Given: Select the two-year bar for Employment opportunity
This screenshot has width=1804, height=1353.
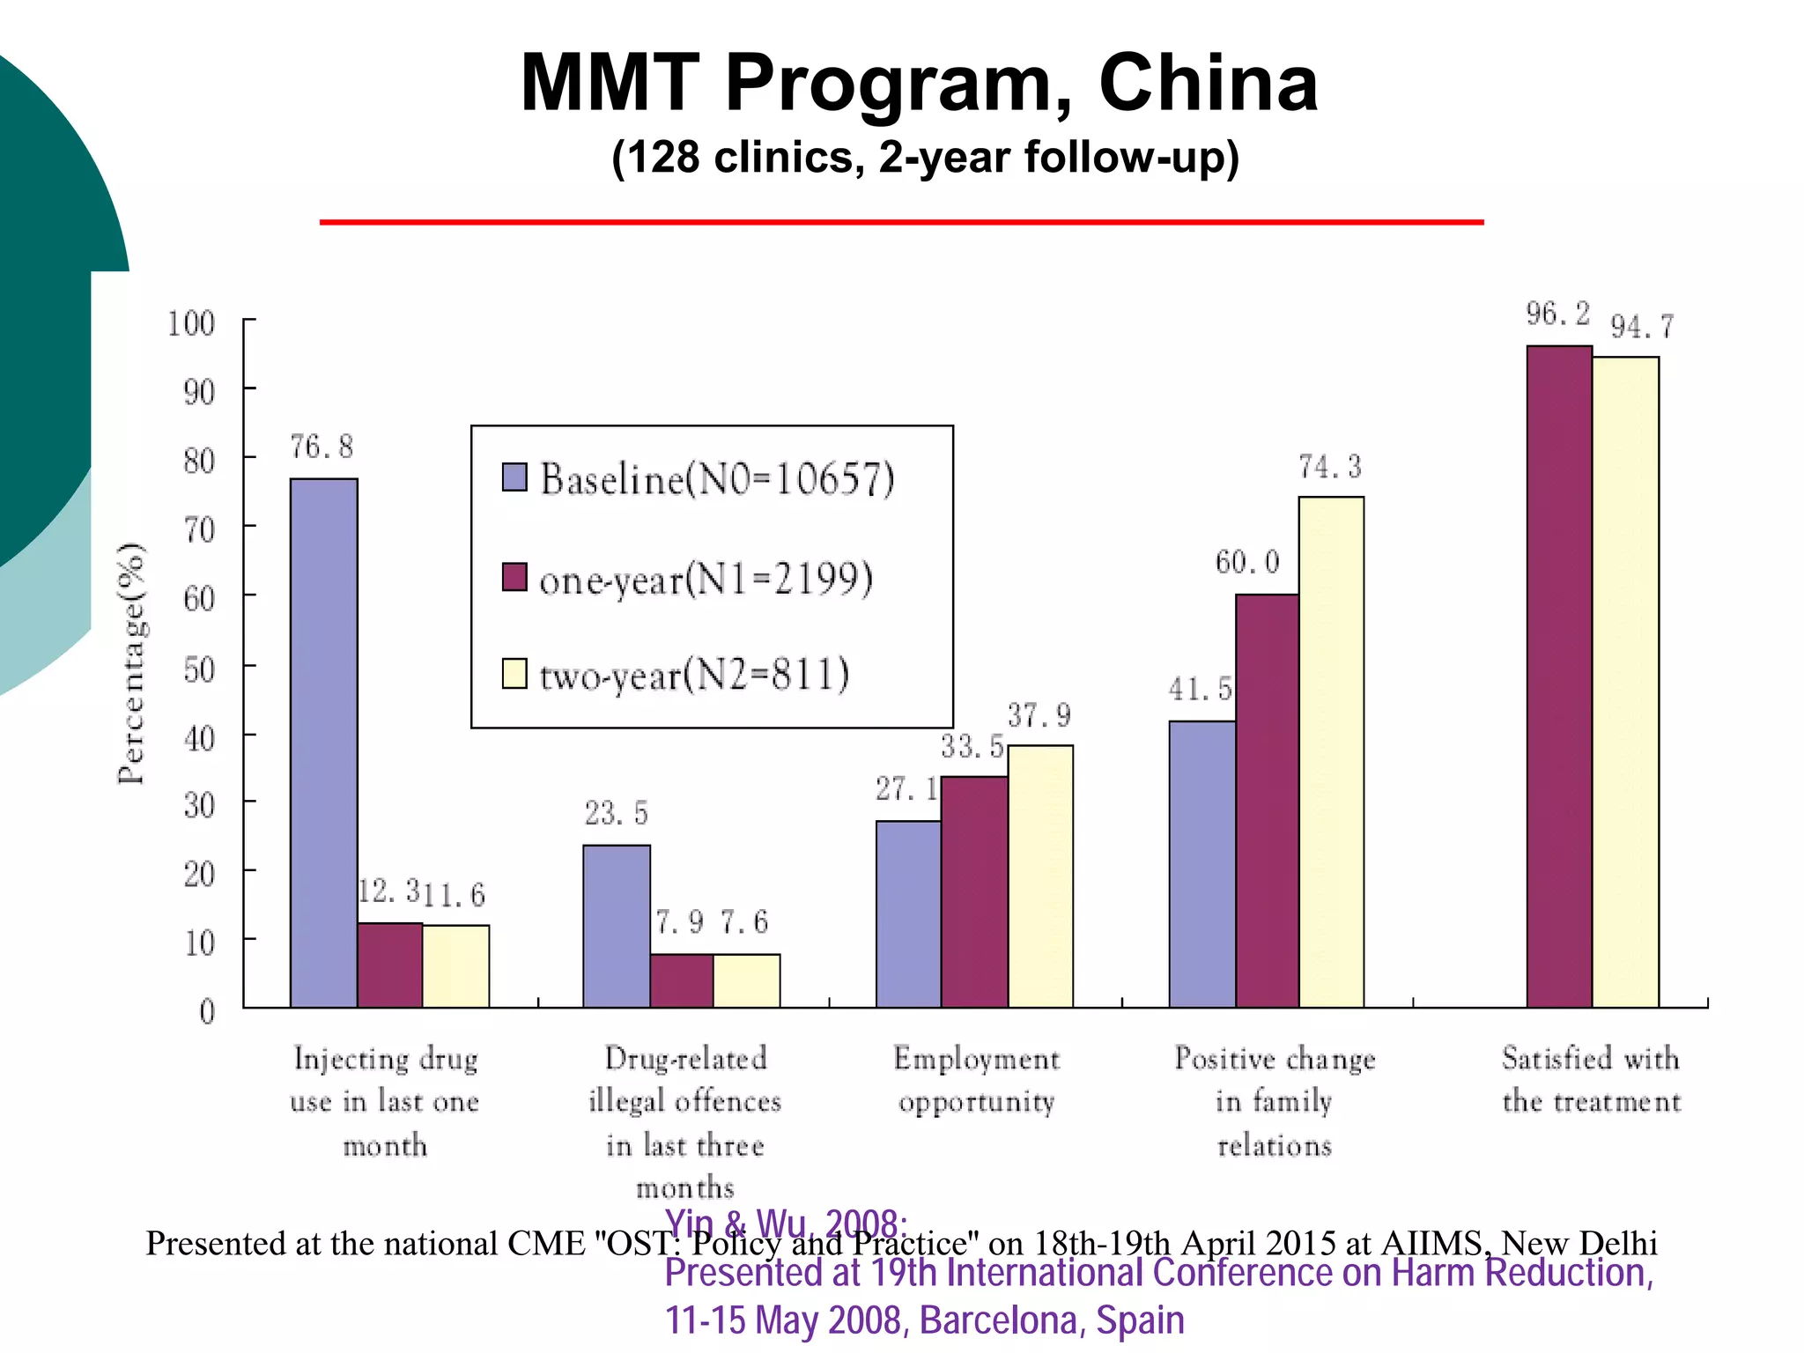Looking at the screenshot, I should (1040, 876).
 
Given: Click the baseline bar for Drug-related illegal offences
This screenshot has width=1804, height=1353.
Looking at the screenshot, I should (617, 926).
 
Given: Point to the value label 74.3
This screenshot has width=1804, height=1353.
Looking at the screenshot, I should (1330, 467).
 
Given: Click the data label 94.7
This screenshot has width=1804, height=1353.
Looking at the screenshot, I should (1642, 328).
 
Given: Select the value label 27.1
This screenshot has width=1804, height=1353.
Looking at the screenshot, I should (906, 789).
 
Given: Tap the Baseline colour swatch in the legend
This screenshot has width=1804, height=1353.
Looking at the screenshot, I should (514, 477).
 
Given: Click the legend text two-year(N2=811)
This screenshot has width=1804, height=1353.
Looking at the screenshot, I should (694, 676).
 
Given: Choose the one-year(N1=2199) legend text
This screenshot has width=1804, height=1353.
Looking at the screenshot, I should (706, 579).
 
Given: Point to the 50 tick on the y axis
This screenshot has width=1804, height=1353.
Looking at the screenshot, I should (199, 669).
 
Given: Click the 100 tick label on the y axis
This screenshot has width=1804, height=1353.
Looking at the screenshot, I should (191, 323).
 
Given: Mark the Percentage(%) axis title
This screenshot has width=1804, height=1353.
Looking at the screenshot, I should (132, 662).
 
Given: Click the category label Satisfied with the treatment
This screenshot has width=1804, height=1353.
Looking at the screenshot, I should (1591, 1079).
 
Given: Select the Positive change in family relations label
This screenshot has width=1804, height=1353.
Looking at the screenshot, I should (1275, 1101).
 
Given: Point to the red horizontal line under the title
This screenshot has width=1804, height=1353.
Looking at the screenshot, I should (901, 222).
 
